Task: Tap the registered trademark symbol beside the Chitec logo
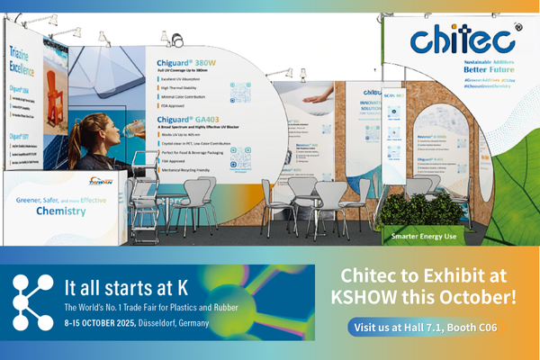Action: click(517, 28)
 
